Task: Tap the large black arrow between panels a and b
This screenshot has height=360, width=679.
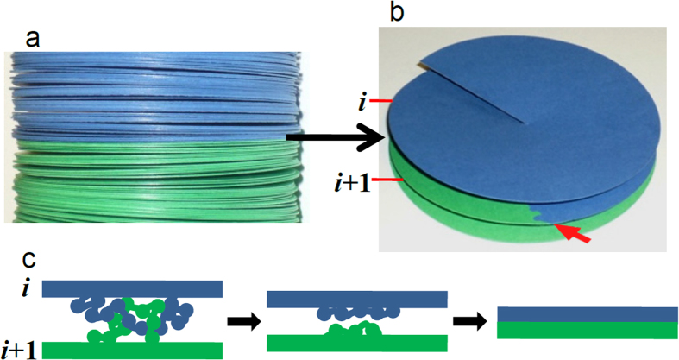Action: coord(336,136)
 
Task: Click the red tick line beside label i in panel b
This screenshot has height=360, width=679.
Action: coord(384,101)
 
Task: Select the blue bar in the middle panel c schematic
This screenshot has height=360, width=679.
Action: coord(357,299)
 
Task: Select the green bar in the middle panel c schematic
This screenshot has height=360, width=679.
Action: coord(357,343)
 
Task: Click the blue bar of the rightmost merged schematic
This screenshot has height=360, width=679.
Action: coord(588,314)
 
